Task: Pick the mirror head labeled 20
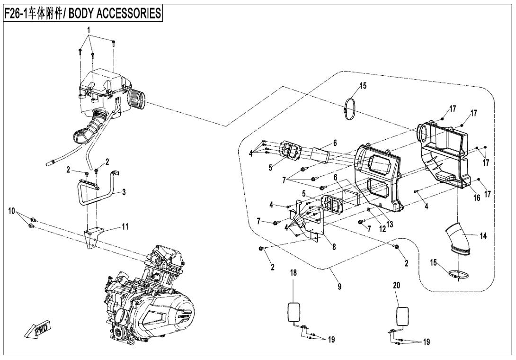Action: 401,316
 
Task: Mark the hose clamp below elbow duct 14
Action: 458,273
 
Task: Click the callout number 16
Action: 477,198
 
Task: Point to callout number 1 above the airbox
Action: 88,29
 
